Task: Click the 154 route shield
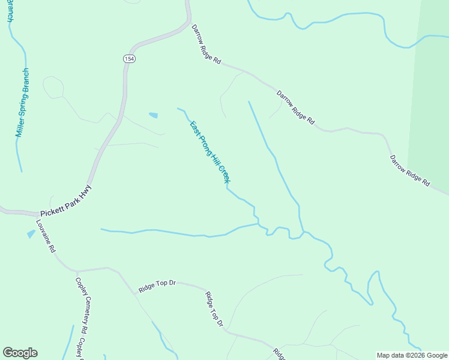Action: [130, 58]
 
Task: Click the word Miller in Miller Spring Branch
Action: [19, 125]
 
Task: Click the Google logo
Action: [20, 353]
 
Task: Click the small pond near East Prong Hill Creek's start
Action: [153, 115]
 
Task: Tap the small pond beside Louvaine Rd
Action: [31, 234]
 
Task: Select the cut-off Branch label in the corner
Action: [10, 11]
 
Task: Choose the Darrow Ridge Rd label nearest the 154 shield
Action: [206, 44]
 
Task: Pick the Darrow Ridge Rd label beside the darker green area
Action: [410, 170]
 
